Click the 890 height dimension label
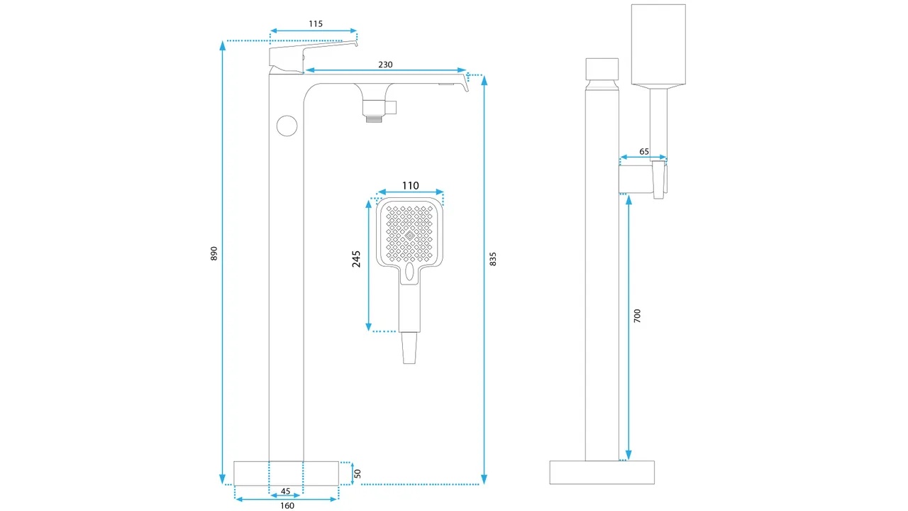click(214, 253)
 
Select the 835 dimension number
click(493, 259)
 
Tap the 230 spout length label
click(385, 65)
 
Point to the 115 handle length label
click(316, 24)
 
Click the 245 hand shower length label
click(356, 259)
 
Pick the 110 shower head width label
click(410, 186)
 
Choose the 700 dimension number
click(637, 316)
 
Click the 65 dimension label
click(644, 151)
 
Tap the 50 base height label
click(358, 473)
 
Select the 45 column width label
click(285, 491)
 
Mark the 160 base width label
click(287, 505)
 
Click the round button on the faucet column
click(287, 126)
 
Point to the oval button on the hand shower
click(409, 271)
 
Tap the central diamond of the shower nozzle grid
click(409, 236)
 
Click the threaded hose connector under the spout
click(374, 119)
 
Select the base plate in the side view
click(602, 472)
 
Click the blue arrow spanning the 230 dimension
click(385, 70)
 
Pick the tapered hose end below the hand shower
click(409, 348)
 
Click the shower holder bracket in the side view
click(643, 179)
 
